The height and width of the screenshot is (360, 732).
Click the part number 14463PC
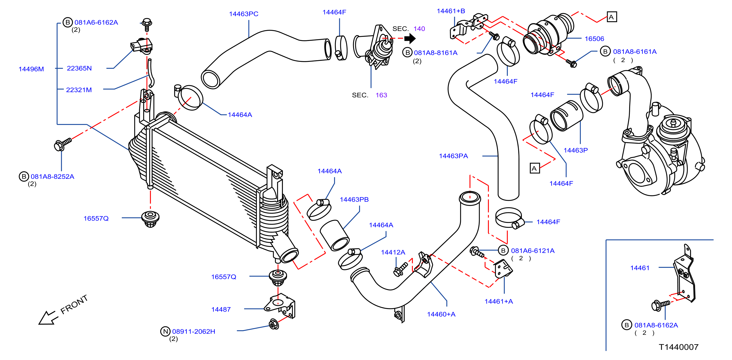244,14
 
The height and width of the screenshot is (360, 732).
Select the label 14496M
31,69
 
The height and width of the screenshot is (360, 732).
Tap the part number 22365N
79,68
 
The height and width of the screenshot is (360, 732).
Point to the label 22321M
79,90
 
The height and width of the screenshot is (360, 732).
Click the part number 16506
594,39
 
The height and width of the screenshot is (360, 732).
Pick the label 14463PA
453,156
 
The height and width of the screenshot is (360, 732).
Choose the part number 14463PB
354,199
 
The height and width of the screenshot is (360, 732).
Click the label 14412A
393,252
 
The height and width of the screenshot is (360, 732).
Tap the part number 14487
221,310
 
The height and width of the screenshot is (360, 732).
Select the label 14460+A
441,314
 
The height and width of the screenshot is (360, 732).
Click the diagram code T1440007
679,347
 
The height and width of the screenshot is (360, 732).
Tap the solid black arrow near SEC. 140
410,38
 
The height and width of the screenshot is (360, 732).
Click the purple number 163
381,95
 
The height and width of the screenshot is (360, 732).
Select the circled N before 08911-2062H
165,331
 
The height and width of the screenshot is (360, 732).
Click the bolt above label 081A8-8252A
63,144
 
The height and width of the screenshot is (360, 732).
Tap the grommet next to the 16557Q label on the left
150,219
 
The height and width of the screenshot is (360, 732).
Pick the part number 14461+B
451,11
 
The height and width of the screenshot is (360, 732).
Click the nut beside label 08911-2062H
274,324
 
